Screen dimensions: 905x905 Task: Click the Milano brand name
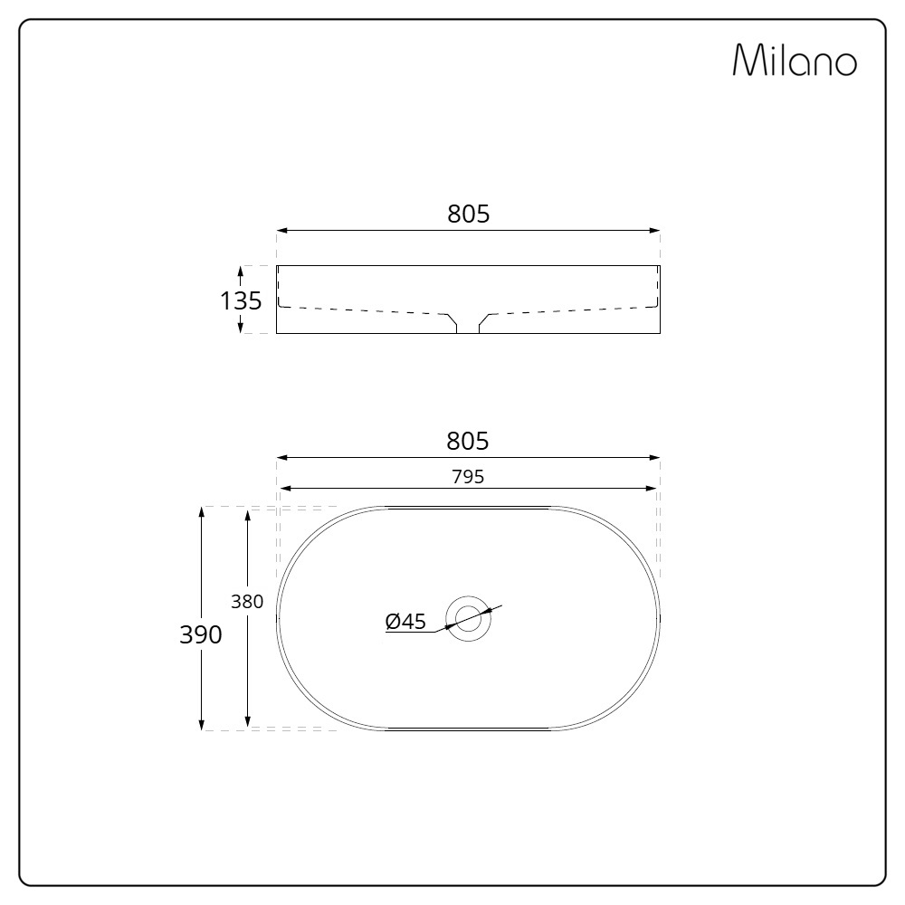point(794,61)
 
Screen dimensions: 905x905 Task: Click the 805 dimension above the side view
point(468,214)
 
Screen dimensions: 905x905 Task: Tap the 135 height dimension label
point(242,300)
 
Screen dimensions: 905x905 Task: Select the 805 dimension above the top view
point(468,441)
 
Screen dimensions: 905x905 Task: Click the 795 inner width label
point(468,477)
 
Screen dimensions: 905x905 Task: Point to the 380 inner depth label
point(247,601)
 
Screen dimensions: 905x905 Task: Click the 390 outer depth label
point(200,634)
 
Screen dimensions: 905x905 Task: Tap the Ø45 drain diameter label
point(405,621)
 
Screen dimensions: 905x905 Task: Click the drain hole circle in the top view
point(469,618)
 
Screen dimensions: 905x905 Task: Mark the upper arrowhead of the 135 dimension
point(241,271)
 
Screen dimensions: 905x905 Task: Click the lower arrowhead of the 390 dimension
point(201,724)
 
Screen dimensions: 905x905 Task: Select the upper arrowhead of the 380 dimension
point(247,515)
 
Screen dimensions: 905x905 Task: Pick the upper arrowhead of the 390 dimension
point(201,512)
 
